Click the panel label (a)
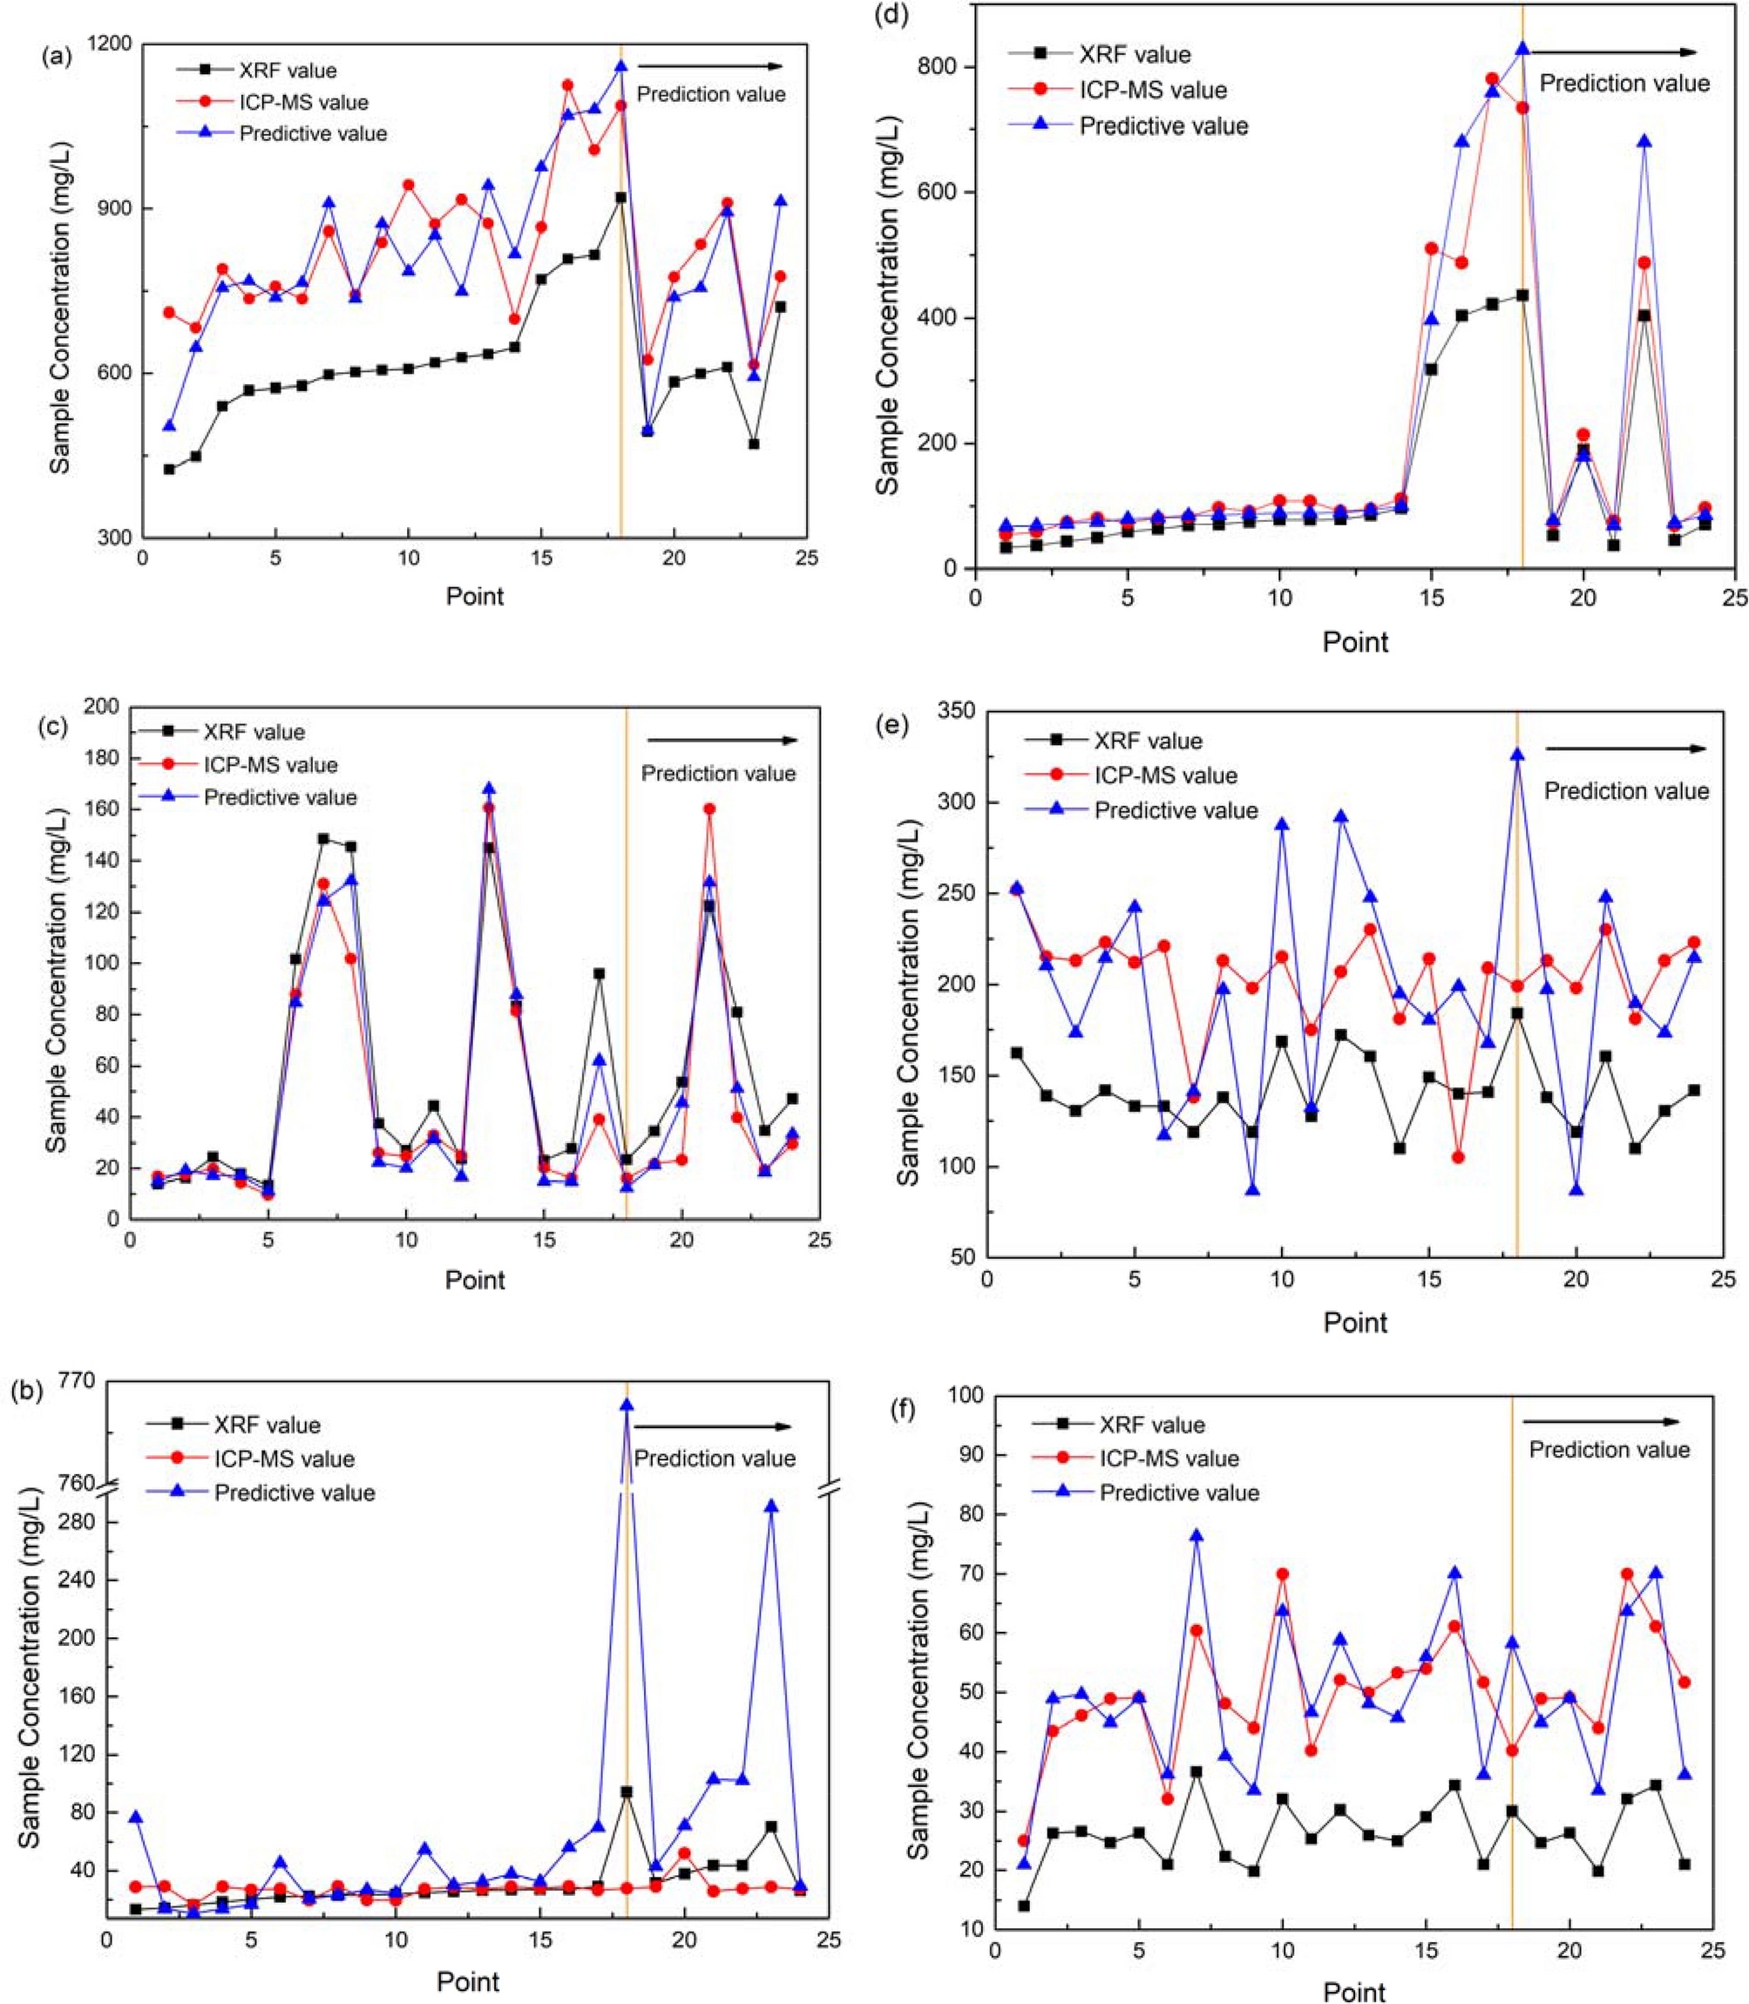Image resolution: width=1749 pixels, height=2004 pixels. click(x=56, y=56)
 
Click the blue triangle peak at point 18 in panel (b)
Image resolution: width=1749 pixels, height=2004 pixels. click(x=627, y=1405)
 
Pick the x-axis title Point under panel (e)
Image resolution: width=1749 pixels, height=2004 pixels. click(x=1355, y=1322)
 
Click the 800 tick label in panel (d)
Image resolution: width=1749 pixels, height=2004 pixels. click(x=935, y=67)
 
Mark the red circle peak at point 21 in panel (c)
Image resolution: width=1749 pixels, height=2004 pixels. click(x=709, y=809)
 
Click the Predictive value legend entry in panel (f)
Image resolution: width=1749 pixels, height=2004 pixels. click(x=1179, y=1493)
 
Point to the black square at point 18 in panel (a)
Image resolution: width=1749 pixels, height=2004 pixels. click(x=620, y=197)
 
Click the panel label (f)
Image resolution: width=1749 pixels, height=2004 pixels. click(x=921, y=1410)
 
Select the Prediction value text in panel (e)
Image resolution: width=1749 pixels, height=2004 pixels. click(x=1626, y=791)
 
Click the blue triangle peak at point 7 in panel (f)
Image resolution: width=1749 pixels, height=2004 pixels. click(x=1196, y=1536)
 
